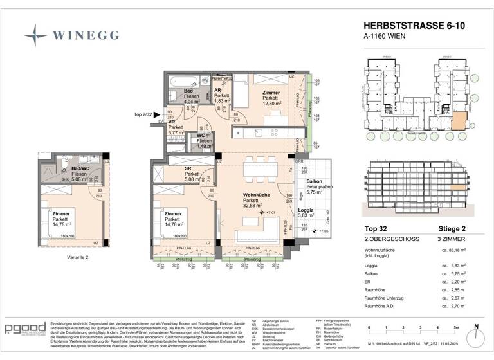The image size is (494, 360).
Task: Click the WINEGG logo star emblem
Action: click(x=35, y=33)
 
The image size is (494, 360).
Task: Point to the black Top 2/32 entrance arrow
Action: click(x=158, y=114)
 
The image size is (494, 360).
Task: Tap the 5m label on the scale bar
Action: click(x=455, y=327)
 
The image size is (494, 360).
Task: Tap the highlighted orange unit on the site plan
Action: click(x=459, y=120)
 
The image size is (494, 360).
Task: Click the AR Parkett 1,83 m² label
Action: click(x=221, y=96)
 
